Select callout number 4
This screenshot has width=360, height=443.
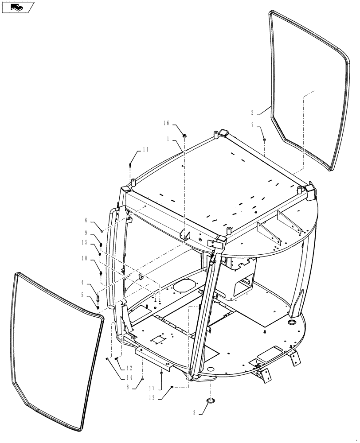click(82, 281)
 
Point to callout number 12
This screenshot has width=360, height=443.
click(129, 368)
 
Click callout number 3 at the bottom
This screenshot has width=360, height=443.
click(194, 413)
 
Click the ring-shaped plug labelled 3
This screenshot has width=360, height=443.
click(211, 401)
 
